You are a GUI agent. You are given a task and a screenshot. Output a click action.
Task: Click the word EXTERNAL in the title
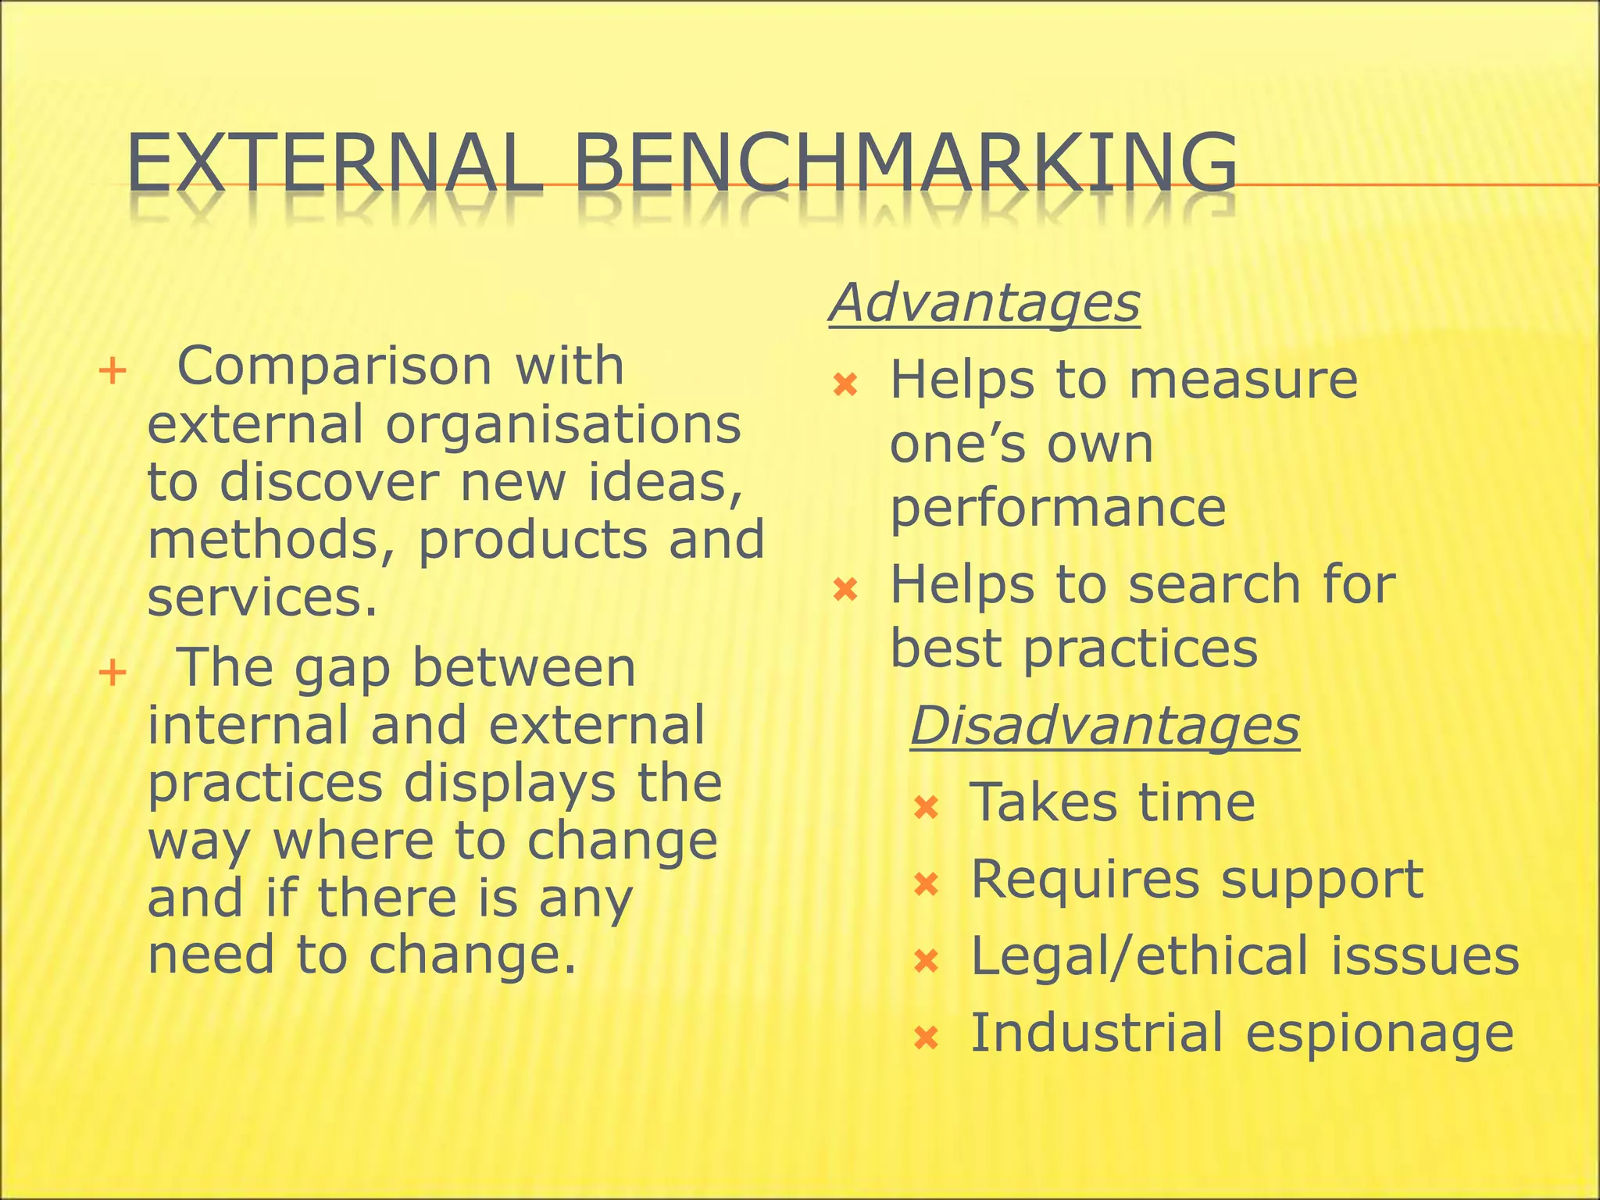(334, 163)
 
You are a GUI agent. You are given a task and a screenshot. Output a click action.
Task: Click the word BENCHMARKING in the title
(905, 163)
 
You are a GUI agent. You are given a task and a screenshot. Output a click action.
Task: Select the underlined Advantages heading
(984, 302)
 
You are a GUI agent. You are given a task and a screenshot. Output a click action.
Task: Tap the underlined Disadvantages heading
(1105, 726)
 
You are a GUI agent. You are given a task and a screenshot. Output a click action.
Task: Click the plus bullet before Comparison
(112, 370)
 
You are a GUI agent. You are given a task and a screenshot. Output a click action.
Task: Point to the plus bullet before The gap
(112, 672)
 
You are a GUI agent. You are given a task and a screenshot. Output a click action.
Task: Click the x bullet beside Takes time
(926, 806)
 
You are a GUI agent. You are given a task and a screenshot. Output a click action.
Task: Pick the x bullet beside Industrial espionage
(926, 1037)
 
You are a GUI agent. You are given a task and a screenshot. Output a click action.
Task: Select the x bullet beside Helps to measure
(846, 384)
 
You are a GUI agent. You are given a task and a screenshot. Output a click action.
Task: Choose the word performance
(1058, 509)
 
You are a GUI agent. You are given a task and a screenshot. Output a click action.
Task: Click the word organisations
(562, 426)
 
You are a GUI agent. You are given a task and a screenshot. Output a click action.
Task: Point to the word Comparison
(335, 366)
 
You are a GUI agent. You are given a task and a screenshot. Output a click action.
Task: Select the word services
(262, 598)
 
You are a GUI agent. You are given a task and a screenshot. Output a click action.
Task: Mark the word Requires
(1084, 880)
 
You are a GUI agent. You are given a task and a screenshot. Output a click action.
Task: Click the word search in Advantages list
(1216, 585)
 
